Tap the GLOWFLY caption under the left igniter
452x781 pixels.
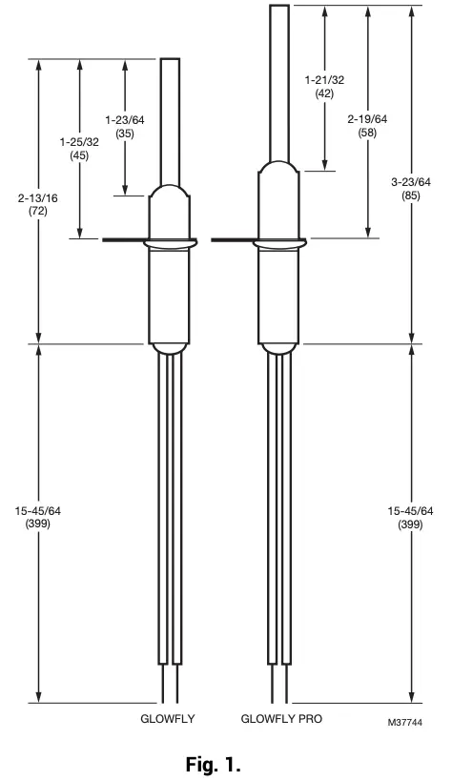(169, 716)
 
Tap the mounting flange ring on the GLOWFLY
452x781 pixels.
(170, 244)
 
